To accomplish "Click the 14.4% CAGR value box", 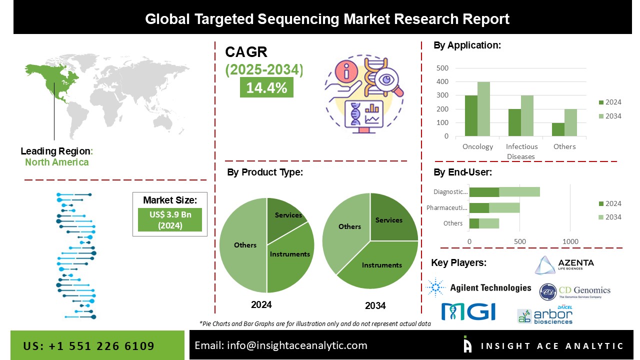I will pyautogui.click(x=266, y=87).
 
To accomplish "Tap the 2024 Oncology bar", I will pyautogui.click(x=471, y=115).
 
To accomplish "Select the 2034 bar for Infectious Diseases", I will pyautogui.click(x=527, y=115).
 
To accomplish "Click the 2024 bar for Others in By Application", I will pyautogui.click(x=558, y=129).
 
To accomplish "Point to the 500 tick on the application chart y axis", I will pyautogui.click(x=442, y=68).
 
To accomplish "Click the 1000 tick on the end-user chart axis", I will pyautogui.click(x=570, y=241).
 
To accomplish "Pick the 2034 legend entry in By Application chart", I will pyautogui.click(x=609, y=116).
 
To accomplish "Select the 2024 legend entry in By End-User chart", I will pyautogui.click(x=609, y=203).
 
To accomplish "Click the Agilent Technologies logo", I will pyautogui.click(x=479, y=287).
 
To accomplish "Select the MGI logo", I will pyautogui.click(x=468, y=311).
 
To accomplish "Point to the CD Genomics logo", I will pyautogui.click(x=575, y=291).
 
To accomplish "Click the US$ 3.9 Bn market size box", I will pyautogui.click(x=169, y=219).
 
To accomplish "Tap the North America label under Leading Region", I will pyautogui.click(x=56, y=162).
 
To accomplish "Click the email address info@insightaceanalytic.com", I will pyautogui.click(x=280, y=345).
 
